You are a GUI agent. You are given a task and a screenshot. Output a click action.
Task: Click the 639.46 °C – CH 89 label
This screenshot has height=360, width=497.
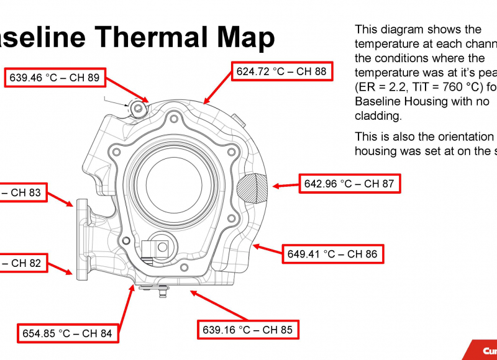pos(54,78)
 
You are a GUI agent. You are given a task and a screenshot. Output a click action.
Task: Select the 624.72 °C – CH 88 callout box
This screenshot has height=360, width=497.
pos(281,71)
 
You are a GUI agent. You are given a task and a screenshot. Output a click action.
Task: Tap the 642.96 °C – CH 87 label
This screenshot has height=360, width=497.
pos(349,184)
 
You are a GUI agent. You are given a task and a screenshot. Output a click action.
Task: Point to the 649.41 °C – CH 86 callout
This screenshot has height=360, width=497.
pos(332,254)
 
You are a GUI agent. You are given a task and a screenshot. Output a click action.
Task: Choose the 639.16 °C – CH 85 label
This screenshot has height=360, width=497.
pos(247,330)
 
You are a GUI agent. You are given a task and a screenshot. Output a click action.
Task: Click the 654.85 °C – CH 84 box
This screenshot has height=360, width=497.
pos(67,333)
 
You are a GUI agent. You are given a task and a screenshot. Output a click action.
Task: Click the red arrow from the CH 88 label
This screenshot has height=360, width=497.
pos(218,86)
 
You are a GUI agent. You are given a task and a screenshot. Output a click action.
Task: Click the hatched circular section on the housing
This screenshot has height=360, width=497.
pos(253,187)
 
